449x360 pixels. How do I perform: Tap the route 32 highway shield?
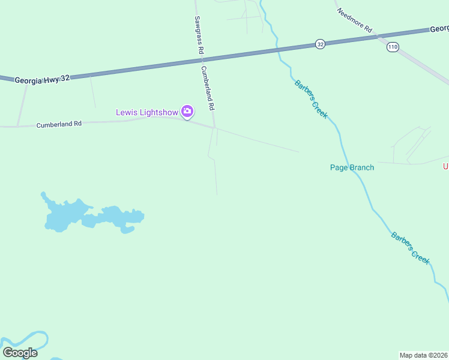click(x=320, y=44)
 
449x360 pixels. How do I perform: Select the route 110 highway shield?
click(x=393, y=47)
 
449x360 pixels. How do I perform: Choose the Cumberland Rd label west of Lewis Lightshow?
click(x=58, y=124)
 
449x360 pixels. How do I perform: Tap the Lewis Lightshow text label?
click(x=147, y=112)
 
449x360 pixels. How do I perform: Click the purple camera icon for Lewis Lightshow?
click(x=187, y=111)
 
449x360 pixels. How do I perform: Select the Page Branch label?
click(x=352, y=167)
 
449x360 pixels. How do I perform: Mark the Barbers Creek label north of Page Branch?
click(x=311, y=99)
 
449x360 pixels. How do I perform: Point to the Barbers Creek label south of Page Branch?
click(x=411, y=248)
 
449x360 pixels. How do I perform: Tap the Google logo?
click(x=20, y=352)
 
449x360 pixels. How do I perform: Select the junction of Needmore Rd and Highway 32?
click(x=377, y=36)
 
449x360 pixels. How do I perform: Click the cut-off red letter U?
click(x=445, y=166)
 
